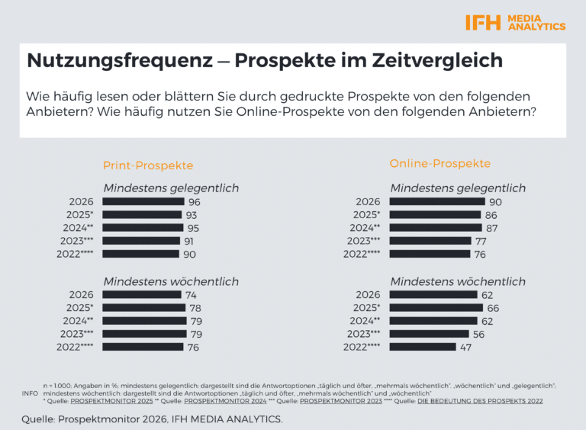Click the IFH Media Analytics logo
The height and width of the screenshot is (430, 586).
click(515, 22)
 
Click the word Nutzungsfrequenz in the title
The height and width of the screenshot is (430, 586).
click(118, 60)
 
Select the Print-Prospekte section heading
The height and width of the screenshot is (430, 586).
click(148, 165)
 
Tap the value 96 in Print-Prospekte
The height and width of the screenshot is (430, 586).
click(194, 202)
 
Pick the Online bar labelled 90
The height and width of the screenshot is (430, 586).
click(436, 202)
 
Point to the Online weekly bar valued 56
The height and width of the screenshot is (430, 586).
click(429, 334)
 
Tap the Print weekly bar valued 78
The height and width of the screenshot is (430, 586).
click(143, 308)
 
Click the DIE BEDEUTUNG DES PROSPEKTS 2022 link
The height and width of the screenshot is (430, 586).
click(483, 400)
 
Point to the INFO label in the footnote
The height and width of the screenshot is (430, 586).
click(29, 393)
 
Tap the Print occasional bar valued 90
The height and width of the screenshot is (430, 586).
click(141, 254)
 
